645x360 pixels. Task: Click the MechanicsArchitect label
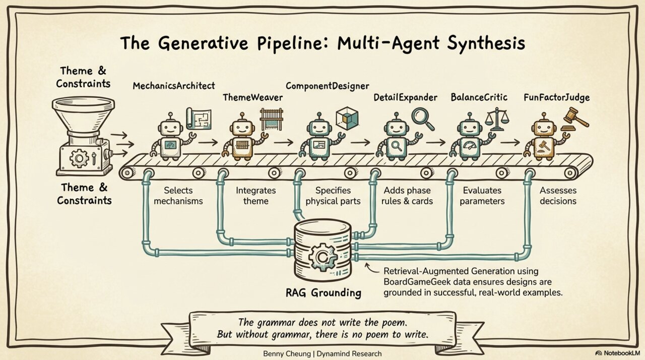coord(173,86)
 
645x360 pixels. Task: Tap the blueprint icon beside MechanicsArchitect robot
coord(201,118)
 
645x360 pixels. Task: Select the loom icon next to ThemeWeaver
coord(271,119)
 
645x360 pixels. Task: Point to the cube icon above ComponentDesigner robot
coord(347,117)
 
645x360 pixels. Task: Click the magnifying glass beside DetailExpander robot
coord(422,117)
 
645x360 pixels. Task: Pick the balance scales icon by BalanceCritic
coord(496,119)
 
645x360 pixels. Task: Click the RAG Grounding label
coord(322,292)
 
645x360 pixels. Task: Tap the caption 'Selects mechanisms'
coord(178,196)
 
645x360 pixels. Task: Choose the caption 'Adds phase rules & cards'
coord(408,196)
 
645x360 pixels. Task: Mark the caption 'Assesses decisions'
coord(558,196)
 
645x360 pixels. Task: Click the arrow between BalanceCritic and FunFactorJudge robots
coord(510,143)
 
